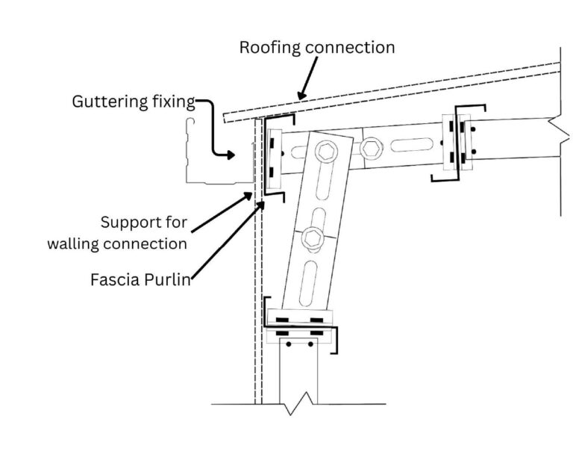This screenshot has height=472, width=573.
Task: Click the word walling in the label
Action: tap(77, 243)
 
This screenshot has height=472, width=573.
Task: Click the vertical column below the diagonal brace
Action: tap(298, 373)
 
